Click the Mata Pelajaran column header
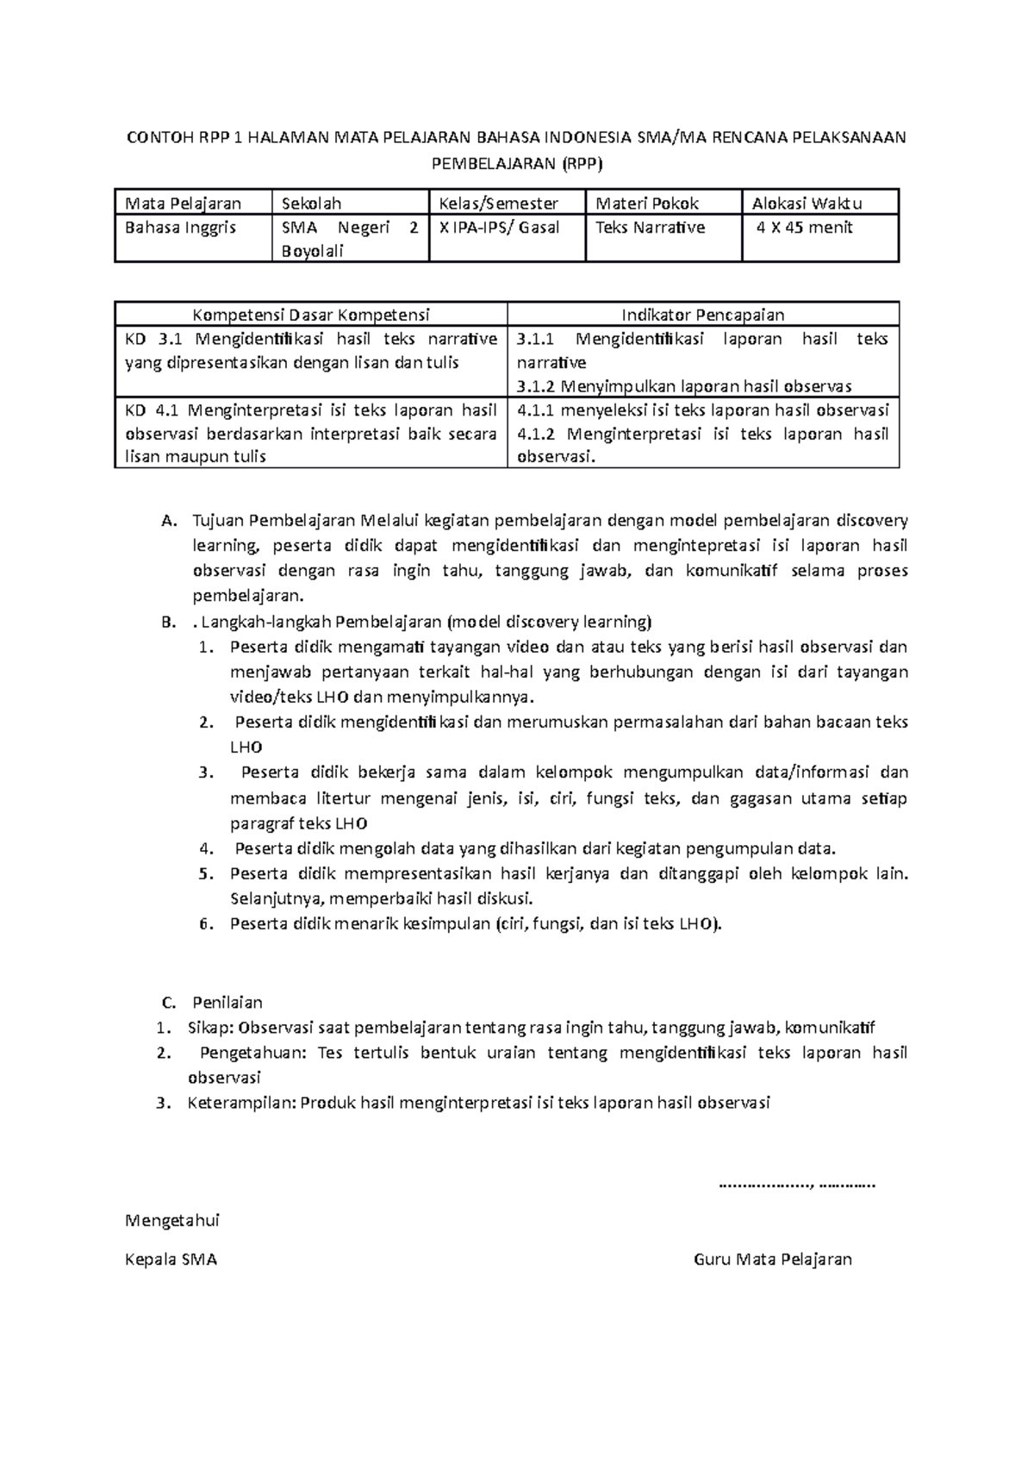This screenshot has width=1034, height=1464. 183,203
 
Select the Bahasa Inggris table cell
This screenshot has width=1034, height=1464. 180,228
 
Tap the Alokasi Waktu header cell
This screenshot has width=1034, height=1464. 807,203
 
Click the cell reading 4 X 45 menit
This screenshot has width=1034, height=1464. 804,228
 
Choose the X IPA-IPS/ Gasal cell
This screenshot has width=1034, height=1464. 498,228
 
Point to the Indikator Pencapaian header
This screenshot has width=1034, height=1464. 703,315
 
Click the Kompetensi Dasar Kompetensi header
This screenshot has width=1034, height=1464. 311,315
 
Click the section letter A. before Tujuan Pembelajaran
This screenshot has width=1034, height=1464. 168,521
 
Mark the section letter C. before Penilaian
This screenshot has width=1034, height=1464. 169,1003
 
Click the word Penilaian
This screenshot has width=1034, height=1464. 227,1003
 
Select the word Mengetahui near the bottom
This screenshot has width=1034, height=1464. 172,1221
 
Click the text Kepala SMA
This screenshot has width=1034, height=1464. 171,1260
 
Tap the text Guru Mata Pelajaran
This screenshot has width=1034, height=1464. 772,1260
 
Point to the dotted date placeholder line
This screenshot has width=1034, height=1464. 796,1184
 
